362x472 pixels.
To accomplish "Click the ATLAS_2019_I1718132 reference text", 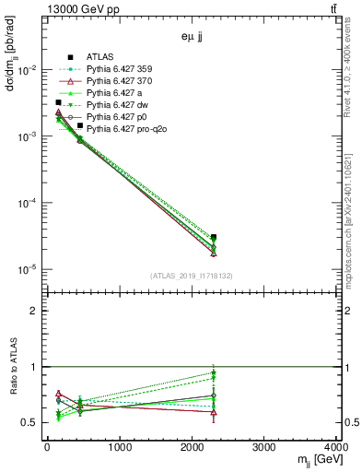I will (193, 275).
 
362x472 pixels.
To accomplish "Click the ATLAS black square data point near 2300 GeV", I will (214, 237).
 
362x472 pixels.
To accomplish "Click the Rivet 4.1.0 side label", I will (347, 74).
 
